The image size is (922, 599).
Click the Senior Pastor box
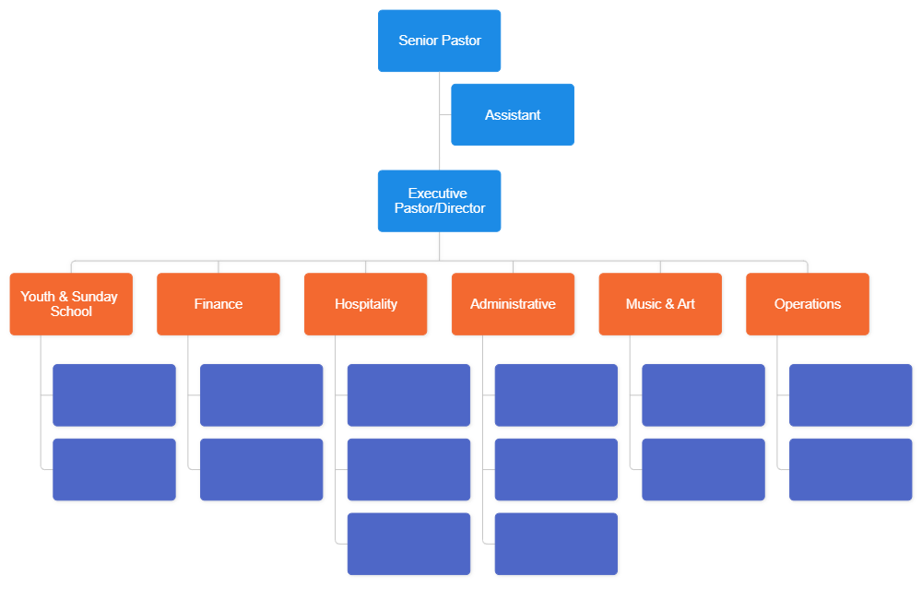coord(439,41)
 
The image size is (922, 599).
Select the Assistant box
coord(512,115)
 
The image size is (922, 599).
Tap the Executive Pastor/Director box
coord(439,201)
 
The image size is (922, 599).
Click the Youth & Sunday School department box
coord(71,304)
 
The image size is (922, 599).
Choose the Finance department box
coord(219,304)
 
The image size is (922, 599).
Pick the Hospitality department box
coord(366,304)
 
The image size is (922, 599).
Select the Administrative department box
coord(513,304)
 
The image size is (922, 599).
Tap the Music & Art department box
coord(660,304)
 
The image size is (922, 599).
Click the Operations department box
coord(808,304)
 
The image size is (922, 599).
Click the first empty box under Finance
coord(262,395)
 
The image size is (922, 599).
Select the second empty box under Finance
coord(262,470)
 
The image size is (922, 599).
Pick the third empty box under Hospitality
coord(409,545)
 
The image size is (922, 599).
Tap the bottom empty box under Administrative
coord(557,545)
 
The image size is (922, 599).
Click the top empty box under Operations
coord(851,395)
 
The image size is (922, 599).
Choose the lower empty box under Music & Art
coord(703,470)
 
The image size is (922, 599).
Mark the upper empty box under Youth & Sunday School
coord(114,395)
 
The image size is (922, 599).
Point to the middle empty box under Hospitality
coord(409,470)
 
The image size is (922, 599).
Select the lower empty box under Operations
coord(851,470)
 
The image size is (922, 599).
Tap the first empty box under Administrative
coord(557,395)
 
